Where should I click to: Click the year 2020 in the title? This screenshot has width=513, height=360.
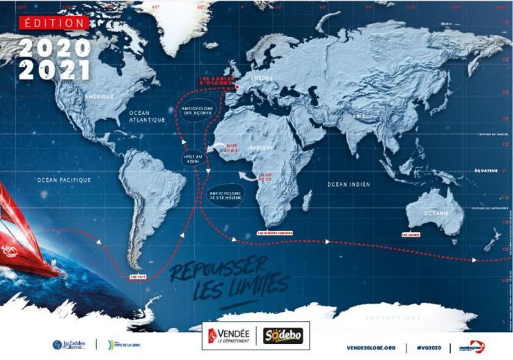tap(55, 47)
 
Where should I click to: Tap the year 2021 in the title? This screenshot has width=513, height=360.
tap(55, 70)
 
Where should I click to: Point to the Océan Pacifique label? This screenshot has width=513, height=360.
tap(64, 180)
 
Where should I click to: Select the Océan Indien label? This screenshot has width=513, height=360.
tap(347, 184)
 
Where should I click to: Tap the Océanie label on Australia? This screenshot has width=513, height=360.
tap(435, 213)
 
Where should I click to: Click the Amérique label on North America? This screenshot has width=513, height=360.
tap(98, 95)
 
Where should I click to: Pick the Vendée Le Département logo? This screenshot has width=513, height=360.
tap(228, 336)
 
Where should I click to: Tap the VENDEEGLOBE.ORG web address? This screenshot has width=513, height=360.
tap(372, 347)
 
